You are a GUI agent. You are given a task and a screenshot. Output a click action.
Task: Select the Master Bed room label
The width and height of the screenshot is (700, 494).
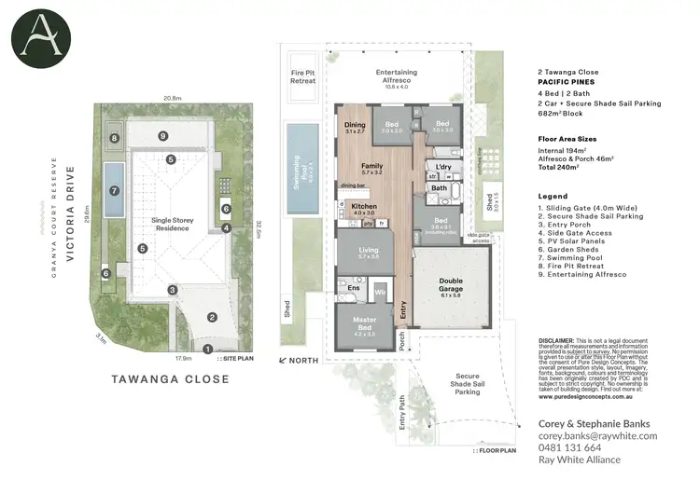pos(365,322)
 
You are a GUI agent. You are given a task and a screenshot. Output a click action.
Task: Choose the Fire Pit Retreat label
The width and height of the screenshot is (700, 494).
pos(304,76)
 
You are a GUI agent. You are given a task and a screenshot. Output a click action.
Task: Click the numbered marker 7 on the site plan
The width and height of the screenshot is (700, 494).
pos(115,190)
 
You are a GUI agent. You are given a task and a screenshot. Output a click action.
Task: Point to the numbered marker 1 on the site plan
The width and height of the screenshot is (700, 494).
pos(207,348)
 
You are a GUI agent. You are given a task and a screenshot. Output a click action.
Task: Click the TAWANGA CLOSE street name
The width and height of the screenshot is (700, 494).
pos(170,379)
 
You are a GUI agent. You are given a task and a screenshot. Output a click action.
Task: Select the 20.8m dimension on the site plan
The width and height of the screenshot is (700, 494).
pos(171,98)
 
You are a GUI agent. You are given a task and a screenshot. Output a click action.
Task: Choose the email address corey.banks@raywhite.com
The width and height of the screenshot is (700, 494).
pos(598,435)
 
